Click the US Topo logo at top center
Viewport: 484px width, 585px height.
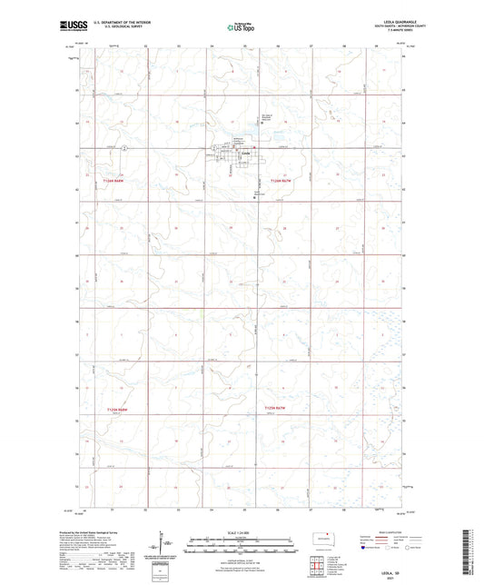(242, 27)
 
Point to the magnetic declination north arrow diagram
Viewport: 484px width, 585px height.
(167, 545)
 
